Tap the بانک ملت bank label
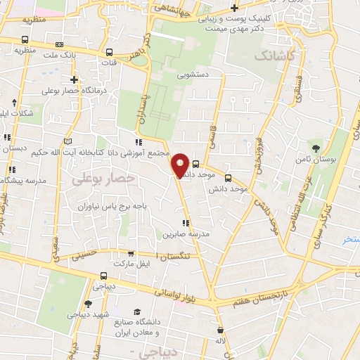pos(59,53)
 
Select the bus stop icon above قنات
pos(109,52)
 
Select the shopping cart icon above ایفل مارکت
pos(130,254)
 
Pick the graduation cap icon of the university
pos(138,311)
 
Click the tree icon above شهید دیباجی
pos(88,304)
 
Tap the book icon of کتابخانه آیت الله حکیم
pos(67,141)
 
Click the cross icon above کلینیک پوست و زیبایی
pos(233,8)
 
